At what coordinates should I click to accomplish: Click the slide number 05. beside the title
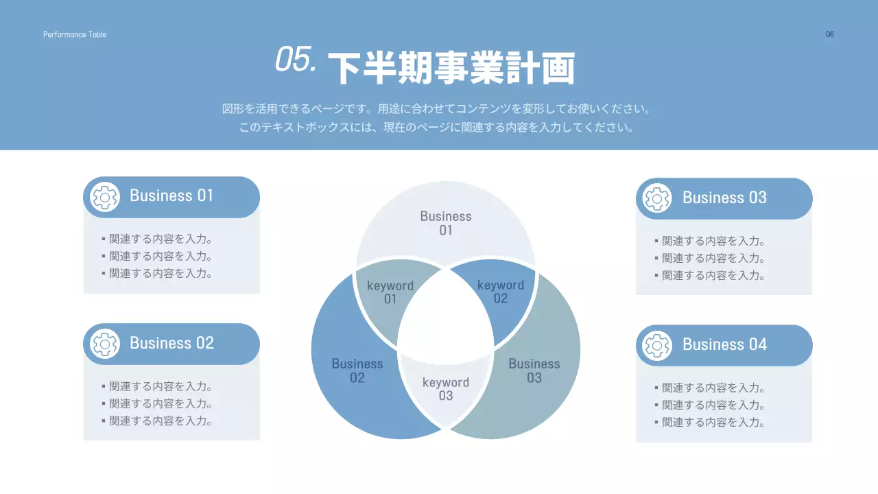pos(296,60)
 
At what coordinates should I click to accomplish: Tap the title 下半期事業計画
pos(451,67)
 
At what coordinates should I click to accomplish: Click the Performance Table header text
pos(75,34)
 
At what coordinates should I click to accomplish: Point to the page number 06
pos(830,34)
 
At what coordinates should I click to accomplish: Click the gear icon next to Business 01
pos(105,197)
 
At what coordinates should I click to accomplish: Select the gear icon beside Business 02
pos(105,344)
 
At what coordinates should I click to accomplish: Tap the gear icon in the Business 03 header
pos(657,198)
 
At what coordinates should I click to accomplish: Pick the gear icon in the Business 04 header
pos(657,345)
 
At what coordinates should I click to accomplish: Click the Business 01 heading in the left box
pos(171,196)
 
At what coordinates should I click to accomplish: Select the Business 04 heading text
pos(724,344)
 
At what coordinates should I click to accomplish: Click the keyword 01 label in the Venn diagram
pos(390,292)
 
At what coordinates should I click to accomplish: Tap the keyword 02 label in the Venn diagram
pos(501,292)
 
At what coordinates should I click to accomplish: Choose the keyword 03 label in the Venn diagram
pos(446,389)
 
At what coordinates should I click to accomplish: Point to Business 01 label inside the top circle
pos(446,223)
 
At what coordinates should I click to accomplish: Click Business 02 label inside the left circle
pos(357,370)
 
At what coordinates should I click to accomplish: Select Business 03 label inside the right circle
pos(534,370)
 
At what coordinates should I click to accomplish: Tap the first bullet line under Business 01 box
pos(161,239)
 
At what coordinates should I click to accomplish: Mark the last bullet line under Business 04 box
pos(713,423)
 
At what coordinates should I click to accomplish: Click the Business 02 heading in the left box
pos(171,343)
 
